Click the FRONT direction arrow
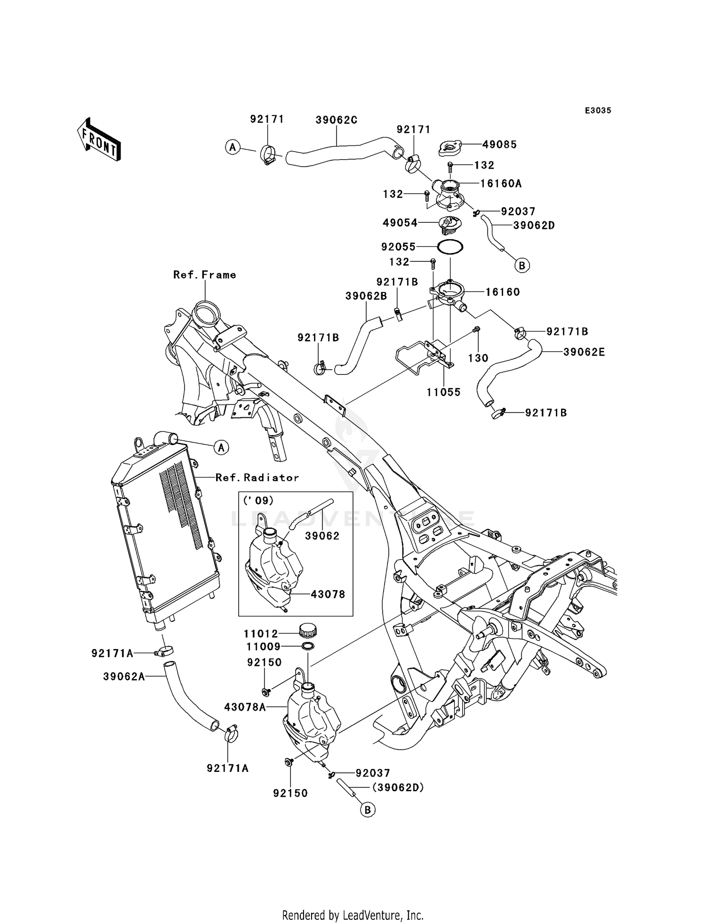[99, 140]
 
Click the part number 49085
[499, 145]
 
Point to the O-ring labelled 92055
[450, 246]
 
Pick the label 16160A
[501, 183]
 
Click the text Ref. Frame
[205, 275]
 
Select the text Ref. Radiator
[257, 478]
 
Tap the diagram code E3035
[598, 110]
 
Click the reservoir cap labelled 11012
[308, 630]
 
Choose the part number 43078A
[245, 707]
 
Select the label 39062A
[124, 677]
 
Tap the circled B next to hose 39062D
[521, 266]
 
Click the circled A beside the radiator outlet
[221, 447]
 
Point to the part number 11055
[443, 392]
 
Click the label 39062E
[584, 352]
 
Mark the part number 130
[478, 358]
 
